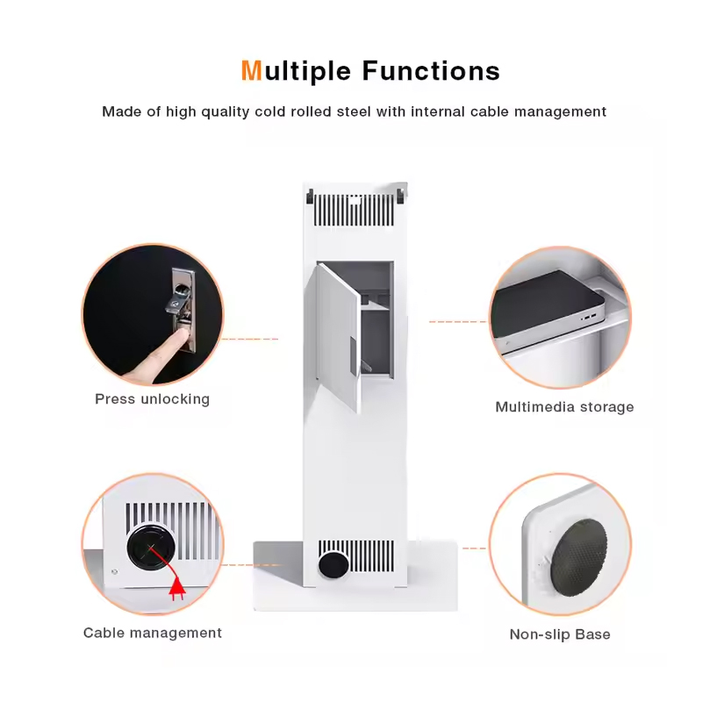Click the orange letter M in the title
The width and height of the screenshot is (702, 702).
tap(251, 71)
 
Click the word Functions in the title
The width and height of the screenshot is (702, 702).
tap(431, 71)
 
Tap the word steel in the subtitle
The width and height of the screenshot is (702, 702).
tap(354, 111)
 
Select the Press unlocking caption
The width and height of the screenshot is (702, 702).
tap(152, 399)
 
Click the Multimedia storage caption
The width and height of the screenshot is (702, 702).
tap(564, 407)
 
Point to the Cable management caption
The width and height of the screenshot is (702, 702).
tap(152, 633)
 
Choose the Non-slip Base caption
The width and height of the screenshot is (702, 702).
tap(560, 634)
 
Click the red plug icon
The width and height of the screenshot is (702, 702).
tap(177, 589)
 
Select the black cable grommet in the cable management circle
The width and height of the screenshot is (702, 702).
tap(151, 547)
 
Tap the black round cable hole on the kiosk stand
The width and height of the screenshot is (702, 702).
tap(333, 565)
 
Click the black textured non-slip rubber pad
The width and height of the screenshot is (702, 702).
tap(579, 557)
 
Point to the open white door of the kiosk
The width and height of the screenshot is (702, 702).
tap(338, 337)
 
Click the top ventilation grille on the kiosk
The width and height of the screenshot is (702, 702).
tap(354, 210)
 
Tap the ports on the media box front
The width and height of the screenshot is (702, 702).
tap(588, 318)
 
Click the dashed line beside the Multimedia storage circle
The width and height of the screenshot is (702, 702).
tap(457, 321)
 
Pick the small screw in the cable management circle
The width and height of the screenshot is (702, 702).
tap(115, 572)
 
